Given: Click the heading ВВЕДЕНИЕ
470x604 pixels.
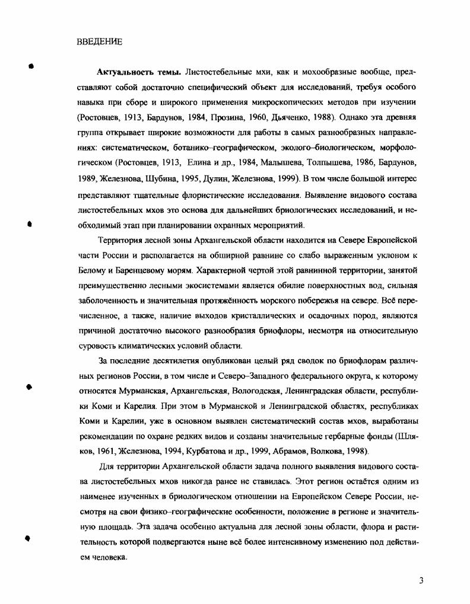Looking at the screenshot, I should [x=100, y=41].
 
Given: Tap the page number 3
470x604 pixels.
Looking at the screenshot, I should [x=421, y=581].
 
